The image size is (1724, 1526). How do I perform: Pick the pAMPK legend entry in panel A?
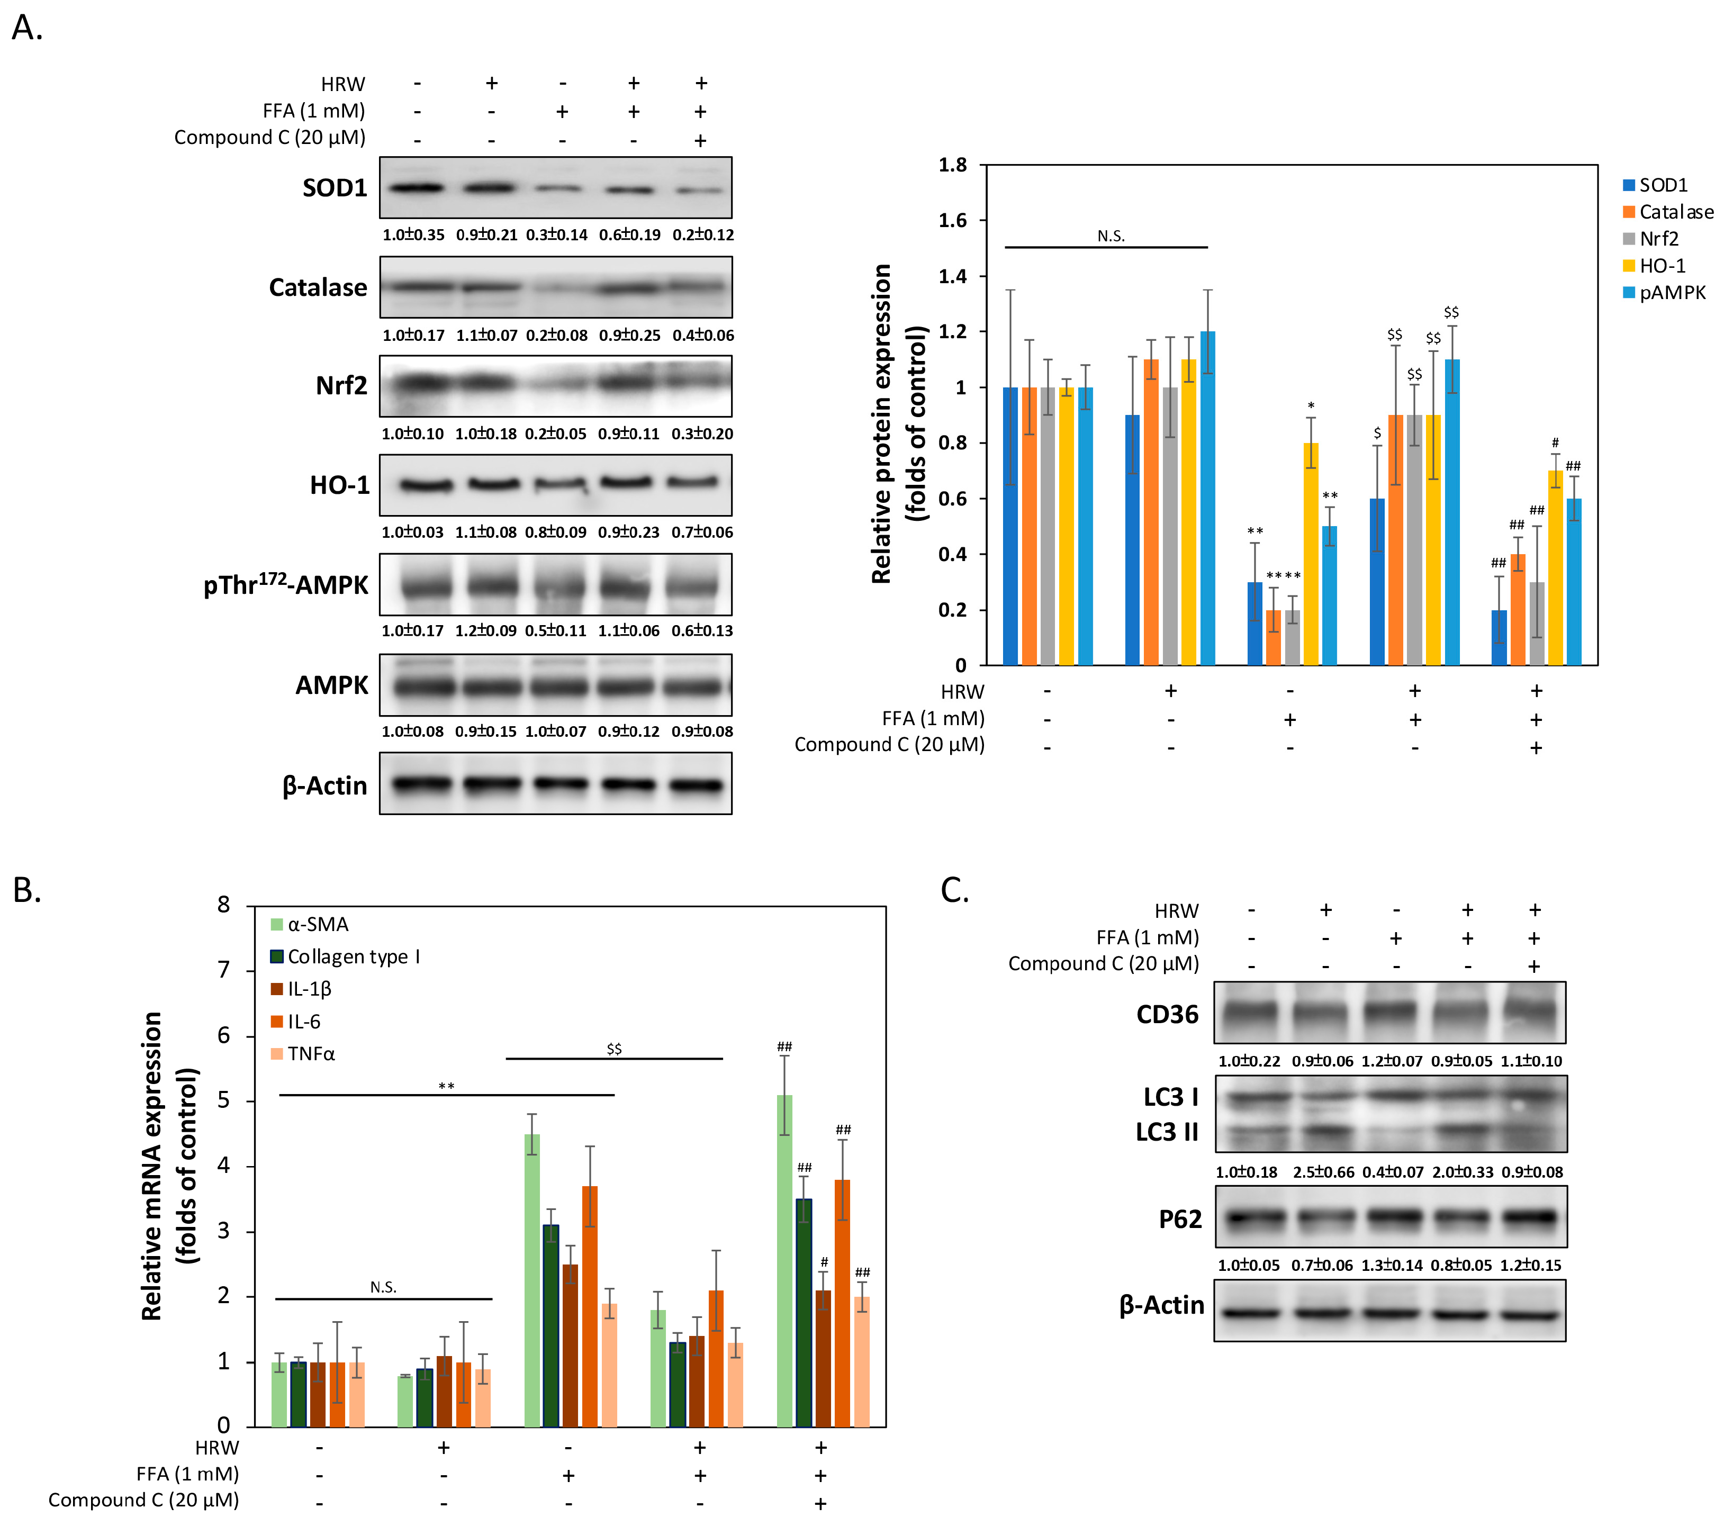1670,293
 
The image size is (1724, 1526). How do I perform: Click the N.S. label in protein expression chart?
1111,236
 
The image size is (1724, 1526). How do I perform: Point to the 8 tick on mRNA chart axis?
223,905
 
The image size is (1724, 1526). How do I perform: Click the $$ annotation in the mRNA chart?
614,1049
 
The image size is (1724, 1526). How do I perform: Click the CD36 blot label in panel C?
1167,1014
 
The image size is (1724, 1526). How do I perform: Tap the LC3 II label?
1167,1132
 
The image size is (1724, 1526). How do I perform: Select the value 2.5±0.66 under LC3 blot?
1323,1172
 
